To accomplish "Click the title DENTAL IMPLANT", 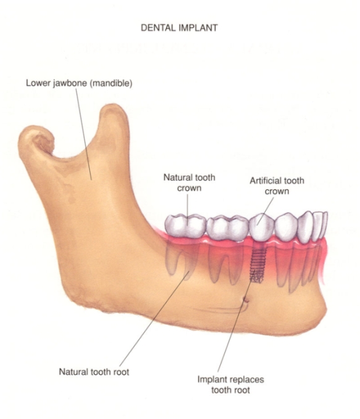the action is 179,28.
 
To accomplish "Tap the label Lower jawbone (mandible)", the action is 79,83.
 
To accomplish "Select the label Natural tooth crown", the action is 190,183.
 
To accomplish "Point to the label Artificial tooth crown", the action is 277,186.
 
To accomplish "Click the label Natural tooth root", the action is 94,371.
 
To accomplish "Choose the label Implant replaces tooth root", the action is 230,384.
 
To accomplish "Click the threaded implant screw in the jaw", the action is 256,264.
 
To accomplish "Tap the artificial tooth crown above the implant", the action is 262,227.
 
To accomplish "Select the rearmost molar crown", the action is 185,225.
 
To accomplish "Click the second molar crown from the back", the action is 228,228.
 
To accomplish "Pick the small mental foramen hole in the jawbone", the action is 245,300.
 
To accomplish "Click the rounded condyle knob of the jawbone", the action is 36,139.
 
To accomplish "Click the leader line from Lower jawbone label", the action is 84,135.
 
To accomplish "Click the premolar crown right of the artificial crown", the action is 287,228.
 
